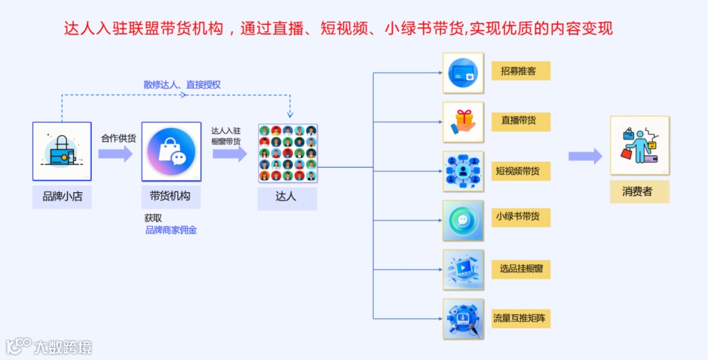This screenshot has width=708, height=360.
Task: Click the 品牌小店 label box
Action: (x=62, y=196)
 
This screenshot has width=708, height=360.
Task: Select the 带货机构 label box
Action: (x=170, y=196)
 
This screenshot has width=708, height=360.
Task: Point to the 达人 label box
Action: (x=286, y=197)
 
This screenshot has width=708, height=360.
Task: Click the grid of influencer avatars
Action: (x=288, y=153)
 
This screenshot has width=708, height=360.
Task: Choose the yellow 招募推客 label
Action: (x=521, y=71)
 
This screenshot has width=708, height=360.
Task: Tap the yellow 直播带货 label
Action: (x=521, y=121)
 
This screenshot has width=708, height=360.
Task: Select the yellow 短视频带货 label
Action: (x=521, y=171)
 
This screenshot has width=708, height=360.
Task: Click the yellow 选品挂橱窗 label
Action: (x=521, y=268)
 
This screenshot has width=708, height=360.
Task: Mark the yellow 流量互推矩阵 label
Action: (x=521, y=319)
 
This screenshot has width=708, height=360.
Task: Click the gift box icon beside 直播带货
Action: (x=463, y=121)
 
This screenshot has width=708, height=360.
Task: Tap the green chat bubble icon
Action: (x=463, y=220)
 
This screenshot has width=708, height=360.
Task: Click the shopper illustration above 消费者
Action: (x=639, y=146)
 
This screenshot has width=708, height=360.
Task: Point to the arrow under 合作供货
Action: (x=115, y=154)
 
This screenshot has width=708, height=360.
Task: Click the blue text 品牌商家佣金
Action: (x=171, y=230)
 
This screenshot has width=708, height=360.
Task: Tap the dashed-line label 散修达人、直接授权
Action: (x=182, y=85)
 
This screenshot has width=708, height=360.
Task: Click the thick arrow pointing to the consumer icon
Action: (x=585, y=156)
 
